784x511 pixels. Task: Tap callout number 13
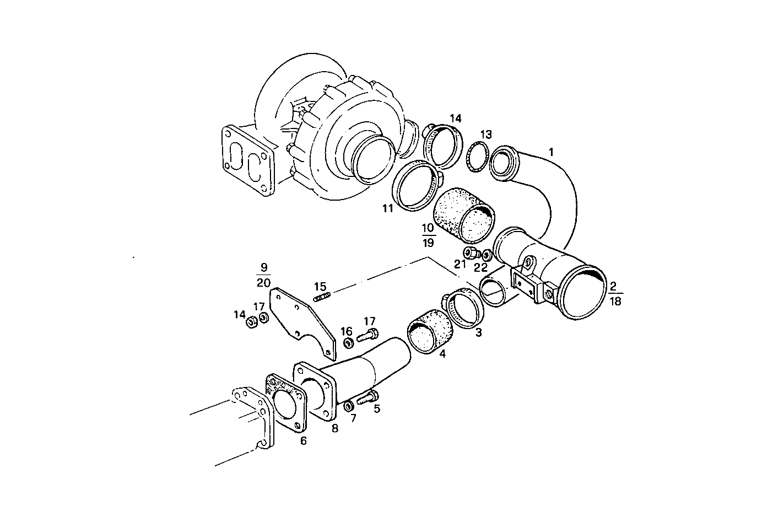pyautogui.click(x=485, y=135)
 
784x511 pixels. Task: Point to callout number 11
pyautogui.click(x=388, y=208)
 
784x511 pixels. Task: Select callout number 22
pyautogui.click(x=481, y=267)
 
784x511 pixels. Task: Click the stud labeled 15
pyautogui.click(x=322, y=299)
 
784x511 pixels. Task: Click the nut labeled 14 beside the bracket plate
pyautogui.click(x=250, y=321)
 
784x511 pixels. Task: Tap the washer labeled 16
pyautogui.click(x=348, y=344)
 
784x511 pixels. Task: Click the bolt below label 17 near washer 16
pyautogui.click(x=369, y=334)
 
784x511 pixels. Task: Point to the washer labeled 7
pyautogui.click(x=349, y=406)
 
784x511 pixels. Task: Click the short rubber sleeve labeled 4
pyautogui.click(x=429, y=334)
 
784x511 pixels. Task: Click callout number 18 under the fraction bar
pyautogui.click(x=615, y=300)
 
